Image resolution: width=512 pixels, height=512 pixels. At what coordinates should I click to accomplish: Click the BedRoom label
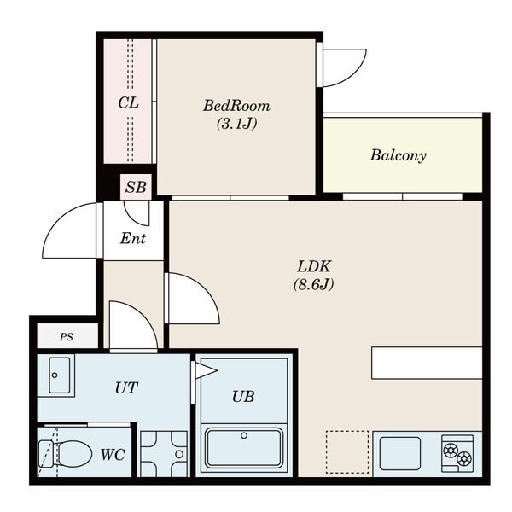coord(236,106)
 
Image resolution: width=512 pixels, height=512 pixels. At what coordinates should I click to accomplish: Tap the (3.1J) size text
coord(236,124)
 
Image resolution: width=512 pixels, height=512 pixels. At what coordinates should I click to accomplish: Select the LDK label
coord(314,267)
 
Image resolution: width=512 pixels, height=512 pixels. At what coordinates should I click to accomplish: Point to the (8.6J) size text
coord(314,284)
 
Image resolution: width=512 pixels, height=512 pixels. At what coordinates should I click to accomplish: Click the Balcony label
coord(398,155)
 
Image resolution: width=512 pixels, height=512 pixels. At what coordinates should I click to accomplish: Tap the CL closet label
coord(128,103)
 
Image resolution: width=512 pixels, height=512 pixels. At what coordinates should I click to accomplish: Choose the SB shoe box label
coord(136,187)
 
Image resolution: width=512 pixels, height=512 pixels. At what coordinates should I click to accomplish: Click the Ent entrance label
coord(133,238)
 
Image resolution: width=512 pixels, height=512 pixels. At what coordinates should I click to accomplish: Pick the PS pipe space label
coord(67,337)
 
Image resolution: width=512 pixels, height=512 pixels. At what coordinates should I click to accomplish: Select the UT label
coord(126,388)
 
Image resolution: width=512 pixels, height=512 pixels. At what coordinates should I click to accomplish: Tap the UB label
coord(243,397)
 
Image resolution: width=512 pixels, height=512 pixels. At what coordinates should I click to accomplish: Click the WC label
coord(113,454)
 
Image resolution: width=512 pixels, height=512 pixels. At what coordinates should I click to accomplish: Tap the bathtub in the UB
coord(244,448)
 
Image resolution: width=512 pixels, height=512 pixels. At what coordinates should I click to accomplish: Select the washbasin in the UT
coord(59,375)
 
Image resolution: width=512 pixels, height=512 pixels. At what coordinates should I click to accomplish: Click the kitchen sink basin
coord(400,453)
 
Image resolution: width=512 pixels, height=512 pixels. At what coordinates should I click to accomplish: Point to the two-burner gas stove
coord(457,454)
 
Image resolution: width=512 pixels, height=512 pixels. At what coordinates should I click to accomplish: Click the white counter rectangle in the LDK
coord(427,364)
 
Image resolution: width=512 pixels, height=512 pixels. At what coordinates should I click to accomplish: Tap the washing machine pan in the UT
coord(164,454)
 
